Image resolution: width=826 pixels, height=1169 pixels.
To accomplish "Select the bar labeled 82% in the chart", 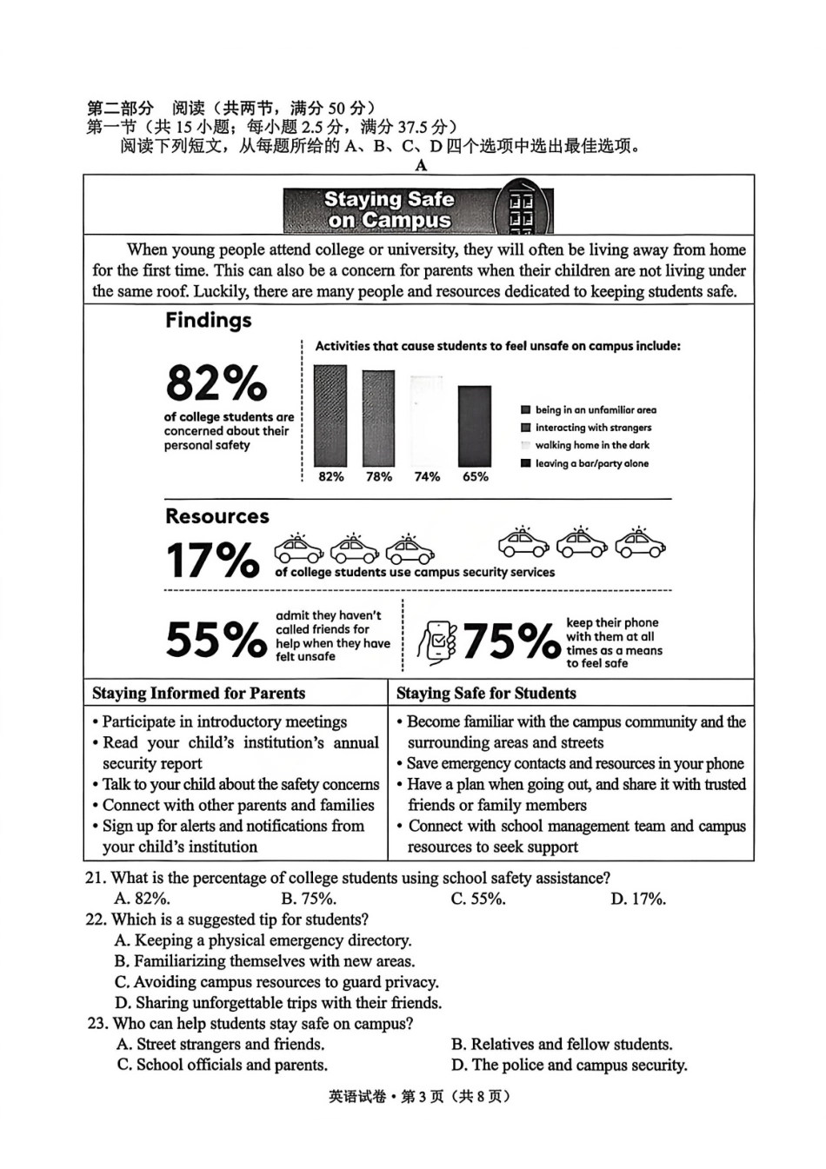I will [x=330, y=415].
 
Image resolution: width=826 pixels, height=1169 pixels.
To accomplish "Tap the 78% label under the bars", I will [x=378, y=476].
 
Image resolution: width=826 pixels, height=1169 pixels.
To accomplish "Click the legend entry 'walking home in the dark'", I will [x=591, y=445].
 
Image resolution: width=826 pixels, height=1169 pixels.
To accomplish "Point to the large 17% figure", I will [x=212, y=561].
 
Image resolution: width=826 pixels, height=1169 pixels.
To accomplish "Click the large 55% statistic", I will [x=216, y=640].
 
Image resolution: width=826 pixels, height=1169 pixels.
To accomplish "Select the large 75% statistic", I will [x=510, y=642].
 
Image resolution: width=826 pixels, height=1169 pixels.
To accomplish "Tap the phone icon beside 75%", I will [x=437, y=643].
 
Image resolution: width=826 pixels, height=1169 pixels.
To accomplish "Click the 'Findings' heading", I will [x=209, y=321].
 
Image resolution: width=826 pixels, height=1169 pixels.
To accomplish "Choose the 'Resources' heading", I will [x=217, y=516].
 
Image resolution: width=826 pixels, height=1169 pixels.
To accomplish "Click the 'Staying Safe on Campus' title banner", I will [x=390, y=210].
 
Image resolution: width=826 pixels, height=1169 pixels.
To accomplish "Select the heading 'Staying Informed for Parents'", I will [x=198, y=694].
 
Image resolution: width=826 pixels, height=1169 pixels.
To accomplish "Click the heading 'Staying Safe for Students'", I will [x=486, y=694].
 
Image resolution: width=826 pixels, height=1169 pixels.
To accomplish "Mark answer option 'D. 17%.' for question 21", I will [x=638, y=899].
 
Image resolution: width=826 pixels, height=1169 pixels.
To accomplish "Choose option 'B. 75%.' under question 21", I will [x=309, y=899].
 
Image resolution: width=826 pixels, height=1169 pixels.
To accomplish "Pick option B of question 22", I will [x=265, y=961].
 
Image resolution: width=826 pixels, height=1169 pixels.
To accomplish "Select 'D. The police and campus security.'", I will [x=569, y=1066].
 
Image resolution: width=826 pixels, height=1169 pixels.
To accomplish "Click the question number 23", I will [x=97, y=1024].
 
